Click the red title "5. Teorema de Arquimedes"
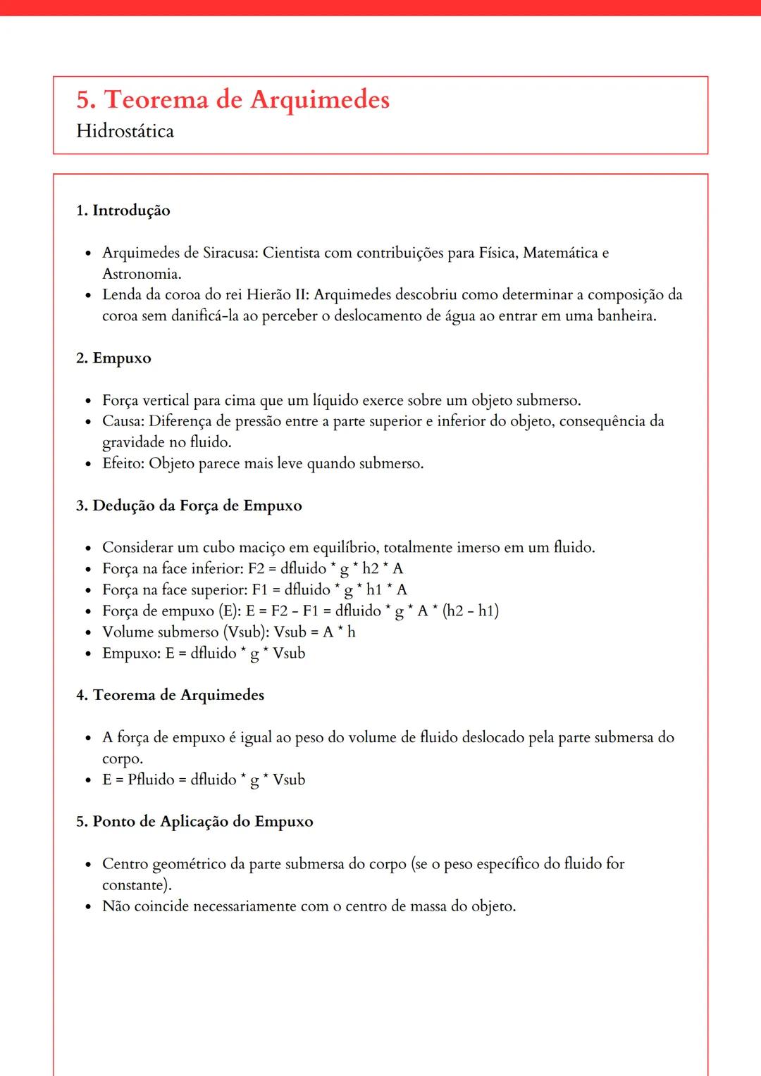click(x=233, y=100)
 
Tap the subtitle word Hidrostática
click(x=125, y=132)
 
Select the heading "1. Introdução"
click(x=123, y=211)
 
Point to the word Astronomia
click(x=141, y=274)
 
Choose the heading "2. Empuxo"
click(x=113, y=358)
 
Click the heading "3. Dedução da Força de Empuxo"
click(x=189, y=506)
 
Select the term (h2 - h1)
click(x=471, y=611)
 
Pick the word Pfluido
click(x=151, y=780)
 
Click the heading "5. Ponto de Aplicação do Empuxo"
click(x=194, y=822)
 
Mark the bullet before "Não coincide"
click(x=88, y=907)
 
